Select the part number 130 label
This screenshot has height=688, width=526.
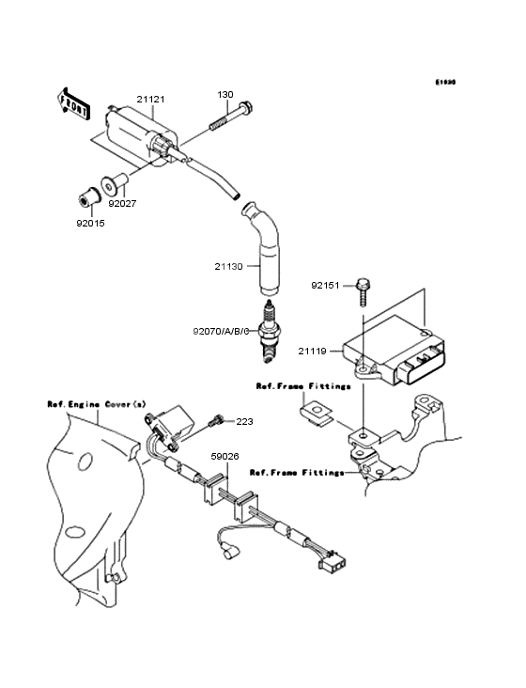coord(225,95)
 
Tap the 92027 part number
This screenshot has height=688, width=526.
coord(122,201)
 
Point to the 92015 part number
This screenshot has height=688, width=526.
coord(92,225)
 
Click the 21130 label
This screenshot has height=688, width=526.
coord(228,267)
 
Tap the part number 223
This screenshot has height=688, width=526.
coord(244,422)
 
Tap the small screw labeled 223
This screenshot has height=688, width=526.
coord(219,419)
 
